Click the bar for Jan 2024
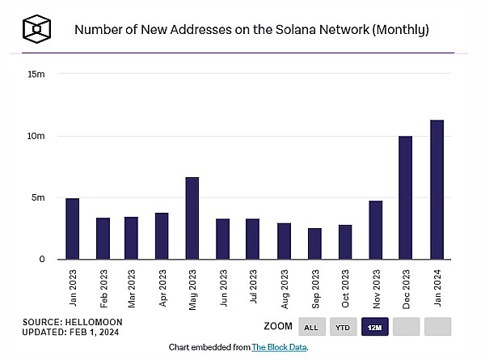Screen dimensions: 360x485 (x=436, y=189)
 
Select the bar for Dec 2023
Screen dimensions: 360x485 (x=406, y=197)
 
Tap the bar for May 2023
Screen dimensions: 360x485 (x=192, y=218)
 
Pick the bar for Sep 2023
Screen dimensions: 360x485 (x=314, y=244)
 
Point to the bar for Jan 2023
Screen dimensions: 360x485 (x=73, y=228)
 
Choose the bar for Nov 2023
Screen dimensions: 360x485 (x=376, y=230)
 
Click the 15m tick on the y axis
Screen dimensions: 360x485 (x=36, y=74)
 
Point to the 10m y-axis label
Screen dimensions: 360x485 (x=36, y=136)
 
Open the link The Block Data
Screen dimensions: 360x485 (x=284, y=347)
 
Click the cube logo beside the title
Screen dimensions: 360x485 (x=37, y=30)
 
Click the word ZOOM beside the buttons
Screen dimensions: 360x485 (x=277, y=326)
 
